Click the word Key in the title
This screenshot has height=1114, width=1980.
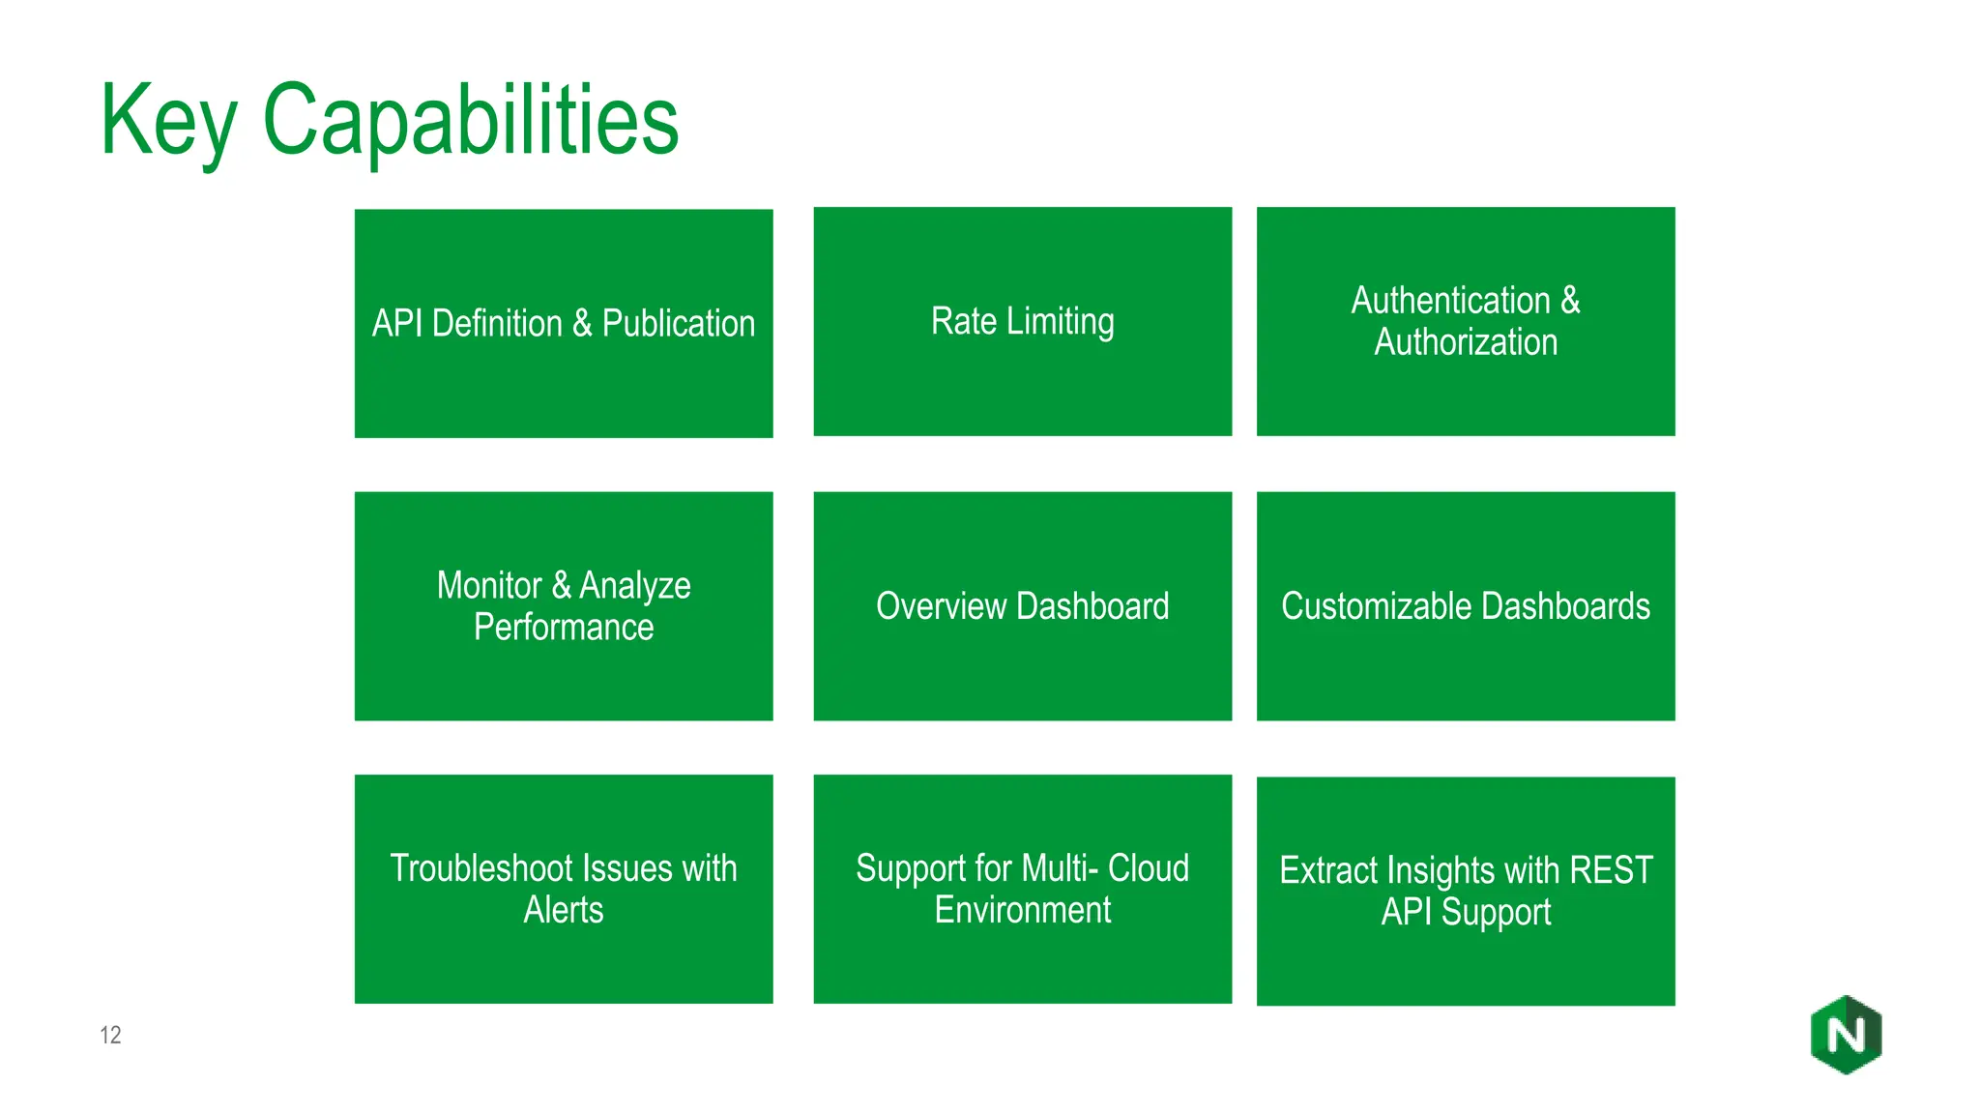pyautogui.click(x=168, y=121)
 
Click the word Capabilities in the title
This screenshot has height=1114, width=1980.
pyautogui.click(x=471, y=121)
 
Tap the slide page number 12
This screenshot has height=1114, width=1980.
pyautogui.click(x=110, y=1035)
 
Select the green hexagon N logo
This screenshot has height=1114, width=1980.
pyautogui.click(x=1846, y=1035)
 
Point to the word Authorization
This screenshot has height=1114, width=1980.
pyautogui.click(x=1466, y=342)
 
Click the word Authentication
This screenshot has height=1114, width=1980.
pyautogui.click(x=1450, y=301)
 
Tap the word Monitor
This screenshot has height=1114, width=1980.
pyautogui.click(x=489, y=586)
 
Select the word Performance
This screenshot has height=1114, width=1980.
pyautogui.click(x=564, y=628)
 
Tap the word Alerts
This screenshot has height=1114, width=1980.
pyautogui.click(x=564, y=910)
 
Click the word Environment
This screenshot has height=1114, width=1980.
pyautogui.click(x=1023, y=910)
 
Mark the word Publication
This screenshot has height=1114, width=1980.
pyautogui.click(x=678, y=324)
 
